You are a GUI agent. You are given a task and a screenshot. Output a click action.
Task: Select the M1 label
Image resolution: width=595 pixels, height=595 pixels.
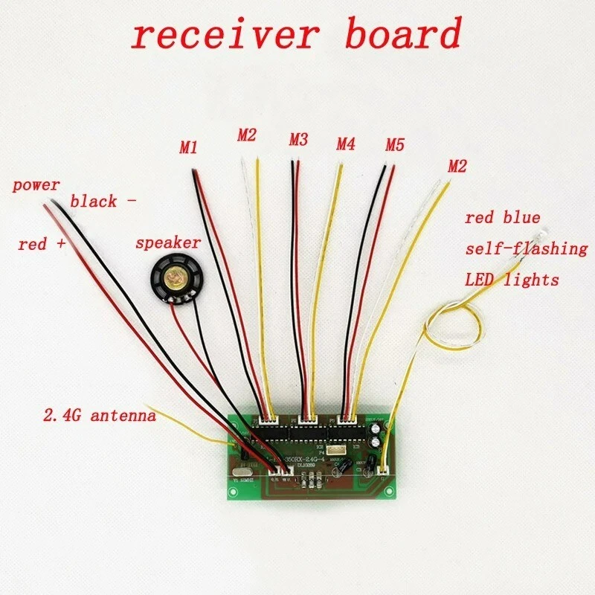[189, 148]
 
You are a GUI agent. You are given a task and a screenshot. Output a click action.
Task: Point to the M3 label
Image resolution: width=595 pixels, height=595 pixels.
[298, 139]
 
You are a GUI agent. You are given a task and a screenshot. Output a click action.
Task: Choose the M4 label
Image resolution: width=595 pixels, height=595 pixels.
[346, 142]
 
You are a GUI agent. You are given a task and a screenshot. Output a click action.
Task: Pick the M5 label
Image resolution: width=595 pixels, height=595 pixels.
[394, 144]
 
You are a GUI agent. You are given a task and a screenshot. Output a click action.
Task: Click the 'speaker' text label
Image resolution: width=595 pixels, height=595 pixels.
[167, 243]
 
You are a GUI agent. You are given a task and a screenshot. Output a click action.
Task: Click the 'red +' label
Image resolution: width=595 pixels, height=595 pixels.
[42, 244]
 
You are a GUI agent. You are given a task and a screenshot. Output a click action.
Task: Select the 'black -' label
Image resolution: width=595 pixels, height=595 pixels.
[102, 201]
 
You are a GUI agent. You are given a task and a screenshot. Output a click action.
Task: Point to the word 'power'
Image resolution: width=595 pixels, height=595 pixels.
[36, 185]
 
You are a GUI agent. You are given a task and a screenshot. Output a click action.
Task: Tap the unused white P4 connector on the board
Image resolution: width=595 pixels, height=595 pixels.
[337, 451]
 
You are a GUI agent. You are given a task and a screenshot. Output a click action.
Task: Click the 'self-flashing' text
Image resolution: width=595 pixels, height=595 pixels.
[526, 248]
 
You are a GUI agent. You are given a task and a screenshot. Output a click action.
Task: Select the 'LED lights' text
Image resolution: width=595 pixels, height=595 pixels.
[511, 280]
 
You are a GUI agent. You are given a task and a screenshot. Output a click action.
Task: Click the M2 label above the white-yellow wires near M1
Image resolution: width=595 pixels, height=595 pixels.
[247, 135]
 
